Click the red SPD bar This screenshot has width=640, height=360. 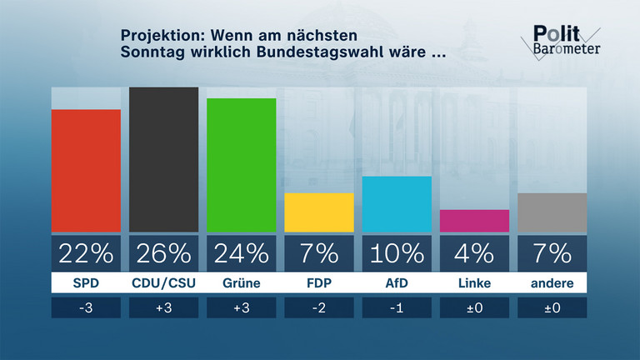point(86,170)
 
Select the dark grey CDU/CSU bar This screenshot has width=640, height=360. point(163,159)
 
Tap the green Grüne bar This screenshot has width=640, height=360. point(241,164)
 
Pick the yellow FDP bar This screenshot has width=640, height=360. point(318,212)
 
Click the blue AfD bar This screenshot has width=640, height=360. point(397,203)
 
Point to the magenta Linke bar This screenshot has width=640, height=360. point(474,220)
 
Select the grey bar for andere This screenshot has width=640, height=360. point(552,212)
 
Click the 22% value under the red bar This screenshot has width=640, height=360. point(86,252)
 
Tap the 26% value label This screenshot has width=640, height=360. point(163,252)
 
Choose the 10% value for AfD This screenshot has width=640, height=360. point(397,252)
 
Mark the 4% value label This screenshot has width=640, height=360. point(474,252)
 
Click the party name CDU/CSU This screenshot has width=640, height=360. point(163,283)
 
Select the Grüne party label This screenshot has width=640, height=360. point(241,283)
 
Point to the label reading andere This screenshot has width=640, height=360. point(552,283)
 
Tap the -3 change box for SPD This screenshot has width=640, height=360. point(86,307)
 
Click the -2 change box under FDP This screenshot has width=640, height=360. point(318,307)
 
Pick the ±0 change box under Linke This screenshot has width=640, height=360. point(474,307)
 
